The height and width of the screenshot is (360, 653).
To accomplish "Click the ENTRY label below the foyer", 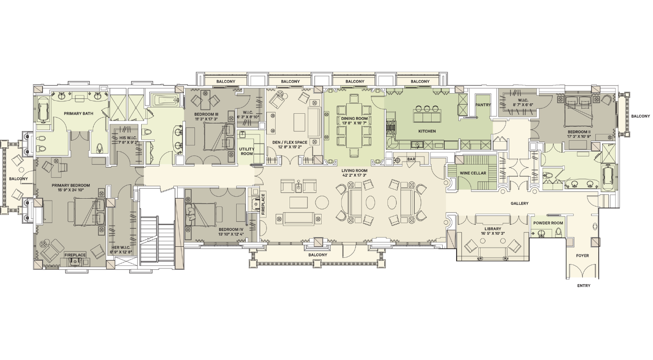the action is tap(584, 286).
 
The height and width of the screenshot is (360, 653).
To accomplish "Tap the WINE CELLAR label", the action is tap(473, 173).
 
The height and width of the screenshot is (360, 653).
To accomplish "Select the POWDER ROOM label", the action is tap(548, 223).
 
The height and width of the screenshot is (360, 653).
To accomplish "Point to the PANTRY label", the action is tap(483, 105).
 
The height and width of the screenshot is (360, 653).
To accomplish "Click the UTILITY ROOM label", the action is tap(247, 151).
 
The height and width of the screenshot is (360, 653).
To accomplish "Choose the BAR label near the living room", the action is tap(411, 159).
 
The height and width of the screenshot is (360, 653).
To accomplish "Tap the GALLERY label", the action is tap(520, 204).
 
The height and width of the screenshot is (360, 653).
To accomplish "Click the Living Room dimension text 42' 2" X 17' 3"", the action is tap(354, 175).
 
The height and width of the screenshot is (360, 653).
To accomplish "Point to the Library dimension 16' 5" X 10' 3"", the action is tap(493, 233).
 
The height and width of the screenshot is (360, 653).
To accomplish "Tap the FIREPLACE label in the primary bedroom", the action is tap(75, 255).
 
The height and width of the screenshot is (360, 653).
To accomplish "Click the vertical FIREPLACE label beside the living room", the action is tap(263, 204).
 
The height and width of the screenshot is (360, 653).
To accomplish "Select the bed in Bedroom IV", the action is tap(201, 215).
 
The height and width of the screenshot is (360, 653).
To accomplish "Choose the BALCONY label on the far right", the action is tap(641, 116).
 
